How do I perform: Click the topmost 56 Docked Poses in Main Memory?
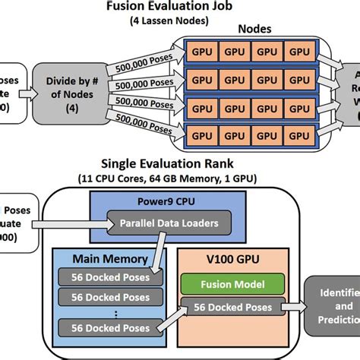tap(109, 276)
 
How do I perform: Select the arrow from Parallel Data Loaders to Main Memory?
tap(159, 254)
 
